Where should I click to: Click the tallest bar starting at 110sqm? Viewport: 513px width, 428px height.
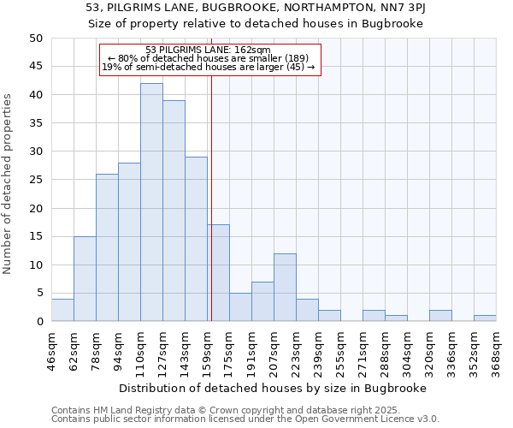tap(151, 202)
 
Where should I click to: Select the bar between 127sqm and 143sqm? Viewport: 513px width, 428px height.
tap(174, 211)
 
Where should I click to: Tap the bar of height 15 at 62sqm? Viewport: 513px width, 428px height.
tap(85, 278)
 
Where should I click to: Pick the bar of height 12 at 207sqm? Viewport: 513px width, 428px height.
tap(285, 287)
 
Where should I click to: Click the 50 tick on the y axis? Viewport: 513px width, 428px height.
tap(35, 39)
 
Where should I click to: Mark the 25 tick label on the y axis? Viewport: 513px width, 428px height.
tap(35, 180)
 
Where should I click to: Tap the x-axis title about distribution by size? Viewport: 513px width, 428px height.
tap(274, 388)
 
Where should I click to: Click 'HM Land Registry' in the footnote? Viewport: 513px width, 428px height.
tap(123, 411)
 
